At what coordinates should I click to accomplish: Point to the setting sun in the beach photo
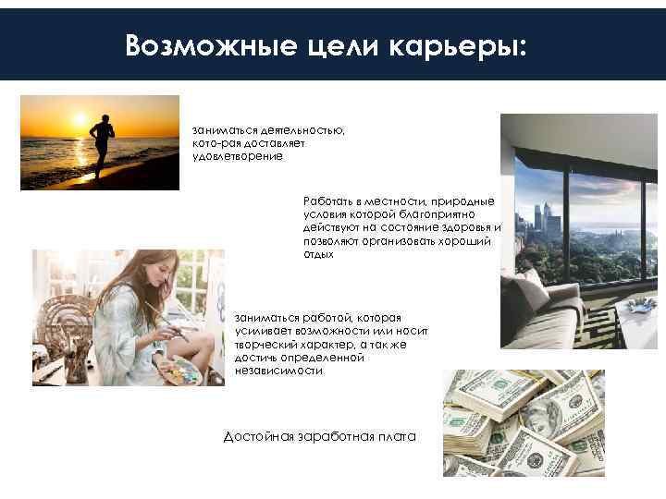(80, 120)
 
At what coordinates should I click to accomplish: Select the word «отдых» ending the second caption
(317, 254)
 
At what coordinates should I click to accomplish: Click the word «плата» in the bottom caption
(398, 436)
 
